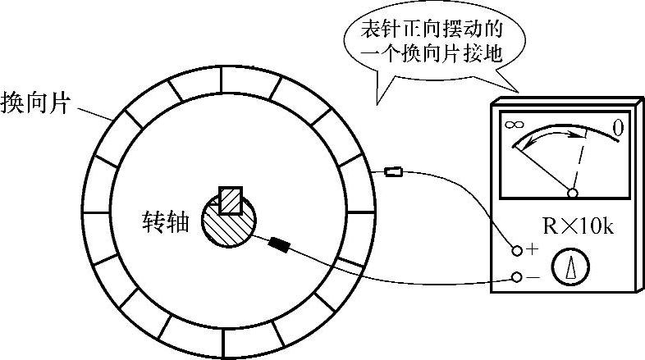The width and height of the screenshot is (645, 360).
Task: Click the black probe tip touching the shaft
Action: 281,244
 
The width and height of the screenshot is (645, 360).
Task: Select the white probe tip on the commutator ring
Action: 394,171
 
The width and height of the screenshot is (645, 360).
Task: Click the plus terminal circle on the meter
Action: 517,249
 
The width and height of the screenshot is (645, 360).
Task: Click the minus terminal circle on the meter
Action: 517,277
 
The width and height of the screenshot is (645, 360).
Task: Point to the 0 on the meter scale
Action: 620,127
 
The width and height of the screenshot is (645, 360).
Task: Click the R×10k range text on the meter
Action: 579,226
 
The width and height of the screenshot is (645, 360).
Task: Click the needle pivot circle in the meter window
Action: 573,193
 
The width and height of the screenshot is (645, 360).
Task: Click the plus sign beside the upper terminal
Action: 533,248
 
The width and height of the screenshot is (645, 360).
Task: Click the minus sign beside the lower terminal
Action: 533,278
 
